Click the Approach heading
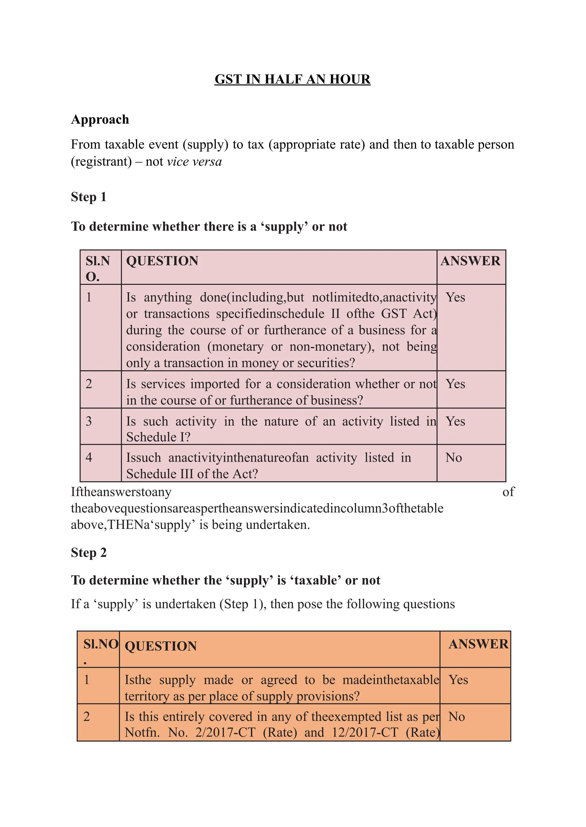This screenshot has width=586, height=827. pyautogui.click(x=100, y=119)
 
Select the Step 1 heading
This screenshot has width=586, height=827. pyautogui.click(x=88, y=197)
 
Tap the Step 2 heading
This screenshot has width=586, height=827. pyautogui.click(x=88, y=552)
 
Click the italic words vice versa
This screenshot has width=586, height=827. pyautogui.click(x=194, y=162)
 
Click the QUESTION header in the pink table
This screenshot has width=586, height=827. pyautogui.click(x=162, y=261)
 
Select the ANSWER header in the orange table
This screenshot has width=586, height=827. pyautogui.click(x=478, y=644)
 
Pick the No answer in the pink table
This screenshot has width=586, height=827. pyautogui.click(x=453, y=457)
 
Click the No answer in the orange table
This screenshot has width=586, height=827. pyautogui.click(x=456, y=716)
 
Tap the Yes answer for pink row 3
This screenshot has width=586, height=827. pyautogui.click(x=455, y=421)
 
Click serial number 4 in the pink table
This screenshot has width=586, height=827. pyautogui.click(x=89, y=457)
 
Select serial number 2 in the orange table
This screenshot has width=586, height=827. pyautogui.click(x=87, y=716)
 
